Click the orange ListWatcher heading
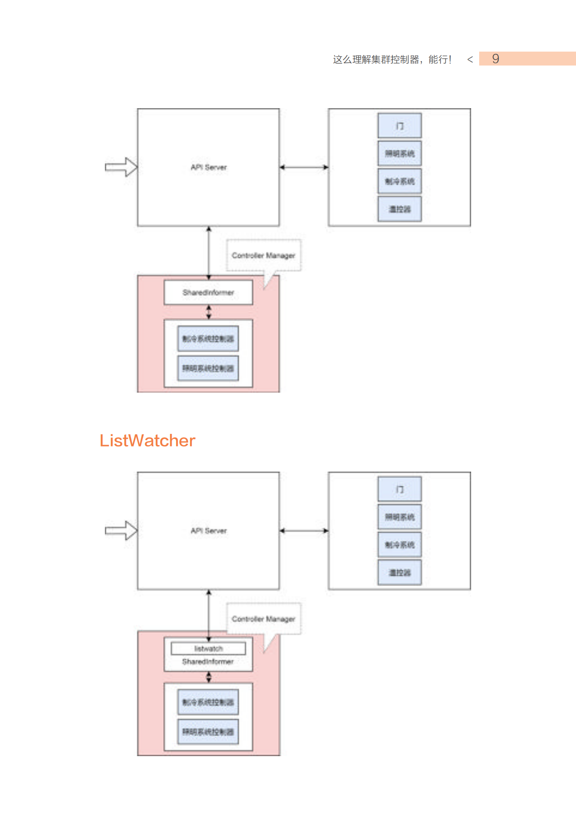coord(147,441)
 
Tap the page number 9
coord(495,59)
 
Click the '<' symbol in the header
coord(470,59)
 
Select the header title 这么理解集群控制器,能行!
coord(392,59)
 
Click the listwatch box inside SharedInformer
coord(208,648)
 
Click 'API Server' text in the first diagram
coord(208,167)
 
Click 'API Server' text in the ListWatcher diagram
coord(208,531)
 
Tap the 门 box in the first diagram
coord(399,126)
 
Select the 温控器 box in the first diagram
coord(399,209)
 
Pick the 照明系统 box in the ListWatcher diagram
coord(399,517)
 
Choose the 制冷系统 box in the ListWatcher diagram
coord(399,545)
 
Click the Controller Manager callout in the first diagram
coord(264,255)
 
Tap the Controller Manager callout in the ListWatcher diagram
coord(264,619)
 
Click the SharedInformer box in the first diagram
coord(208,293)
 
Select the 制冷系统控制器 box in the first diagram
coord(208,339)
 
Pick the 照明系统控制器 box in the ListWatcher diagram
coord(208,732)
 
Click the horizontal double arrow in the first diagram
coord(304,167)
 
